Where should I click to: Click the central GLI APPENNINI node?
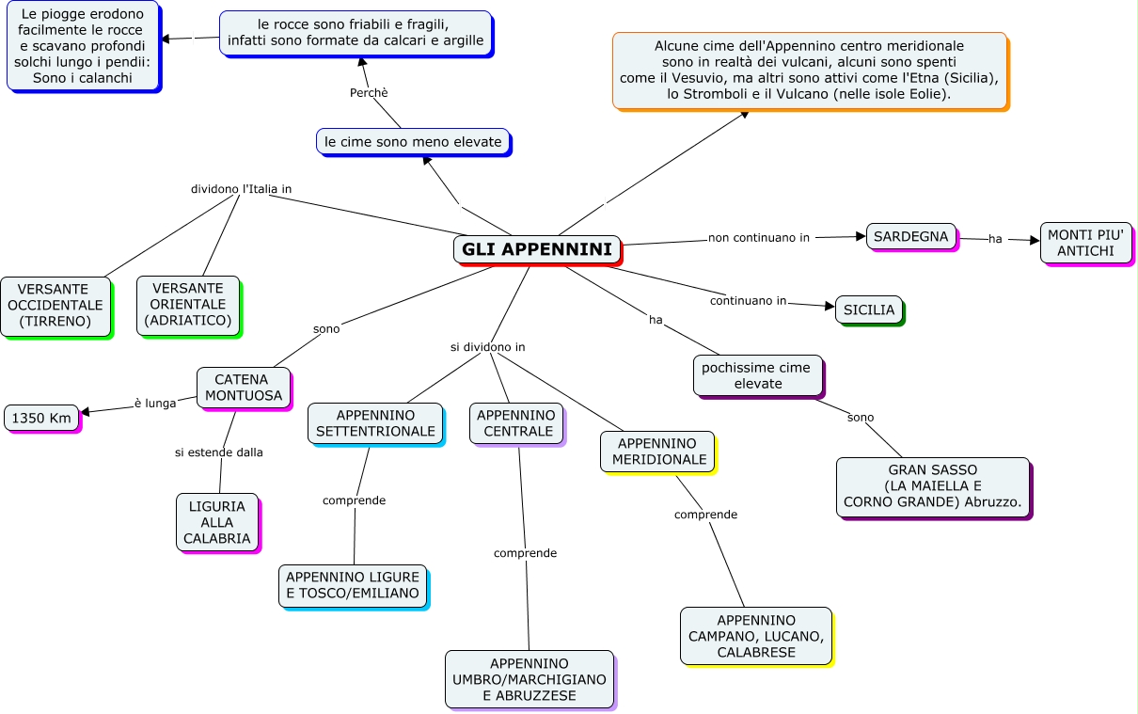coord(537,249)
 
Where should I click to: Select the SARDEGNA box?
coord(910,236)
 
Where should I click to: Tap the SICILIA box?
coord(869,309)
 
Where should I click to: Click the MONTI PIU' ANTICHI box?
coord(1085,243)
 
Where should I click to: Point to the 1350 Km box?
coord(41,418)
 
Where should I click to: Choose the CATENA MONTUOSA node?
coord(244,388)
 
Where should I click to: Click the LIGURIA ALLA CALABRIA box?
coord(217,522)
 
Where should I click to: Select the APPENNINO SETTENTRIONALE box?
coord(375,423)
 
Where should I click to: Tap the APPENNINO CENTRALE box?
coord(516,423)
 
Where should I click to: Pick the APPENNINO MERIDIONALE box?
coord(657,452)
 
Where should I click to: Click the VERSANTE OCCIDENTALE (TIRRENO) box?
coord(55,305)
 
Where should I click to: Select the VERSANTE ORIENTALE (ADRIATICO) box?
coord(187,305)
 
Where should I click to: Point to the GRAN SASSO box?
coord(932,486)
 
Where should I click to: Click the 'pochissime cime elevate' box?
coord(757,375)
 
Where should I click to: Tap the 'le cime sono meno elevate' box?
coord(413,141)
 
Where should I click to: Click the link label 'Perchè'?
coord(369,93)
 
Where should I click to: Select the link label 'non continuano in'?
coord(758,238)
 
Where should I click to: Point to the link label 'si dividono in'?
coord(487,347)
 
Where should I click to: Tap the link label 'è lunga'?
coord(155,404)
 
